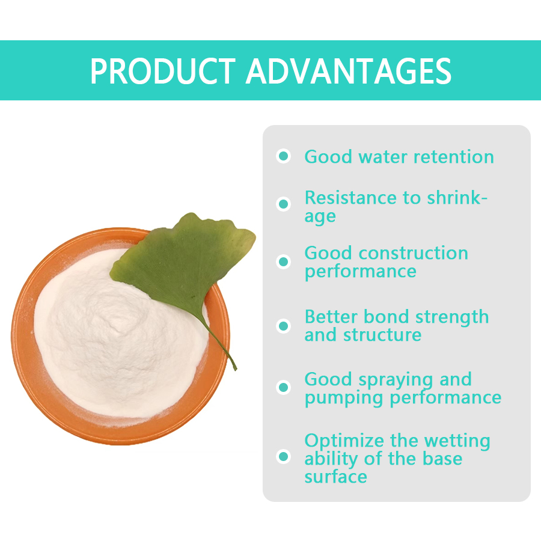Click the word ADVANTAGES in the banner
[348, 71]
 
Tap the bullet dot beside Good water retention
[284, 156]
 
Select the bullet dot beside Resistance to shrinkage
[284, 204]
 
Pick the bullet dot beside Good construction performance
[284, 261]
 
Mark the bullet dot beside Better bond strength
[284, 326]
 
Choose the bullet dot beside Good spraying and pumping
[284, 387]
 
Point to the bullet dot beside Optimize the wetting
[284, 456]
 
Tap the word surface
[335, 477]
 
